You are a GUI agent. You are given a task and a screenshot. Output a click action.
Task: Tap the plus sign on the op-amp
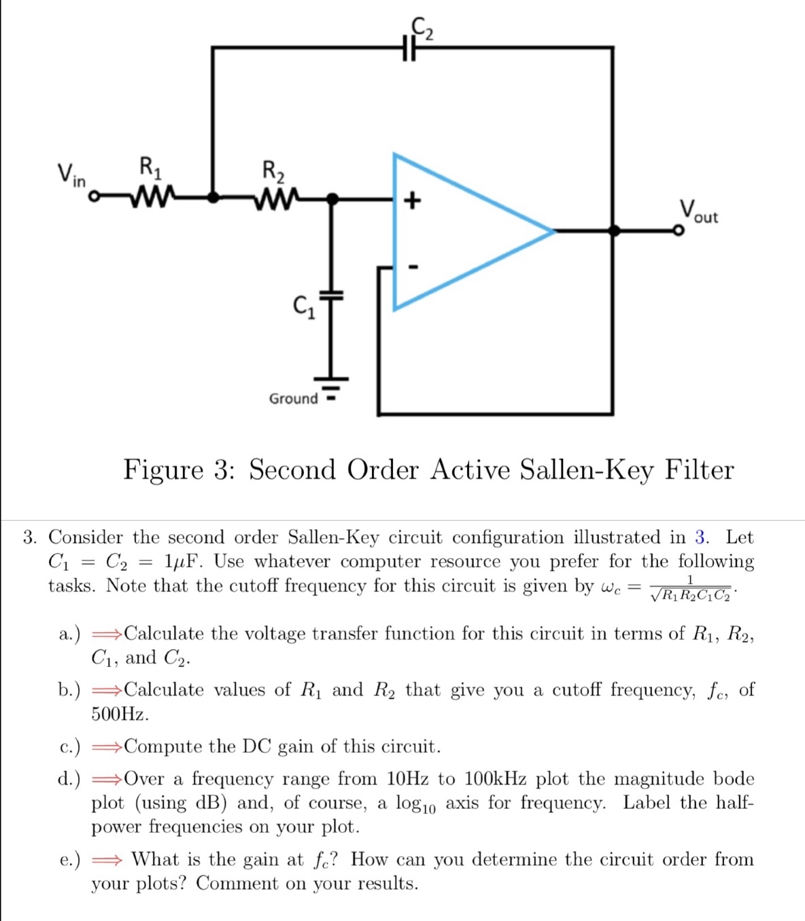point(412,200)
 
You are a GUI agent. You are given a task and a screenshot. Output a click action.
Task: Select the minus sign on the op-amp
point(411,266)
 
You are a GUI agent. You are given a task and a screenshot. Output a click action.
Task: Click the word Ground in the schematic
point(293,398)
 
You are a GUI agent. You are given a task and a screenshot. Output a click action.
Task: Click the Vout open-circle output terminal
point(677,231)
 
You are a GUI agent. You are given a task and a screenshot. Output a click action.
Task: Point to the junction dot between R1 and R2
point(213,198)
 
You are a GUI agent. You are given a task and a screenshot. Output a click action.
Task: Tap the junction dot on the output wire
point(613,231)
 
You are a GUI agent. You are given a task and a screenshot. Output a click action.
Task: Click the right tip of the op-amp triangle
point(553,231)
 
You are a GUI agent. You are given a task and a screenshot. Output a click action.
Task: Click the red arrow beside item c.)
point(107,747)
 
